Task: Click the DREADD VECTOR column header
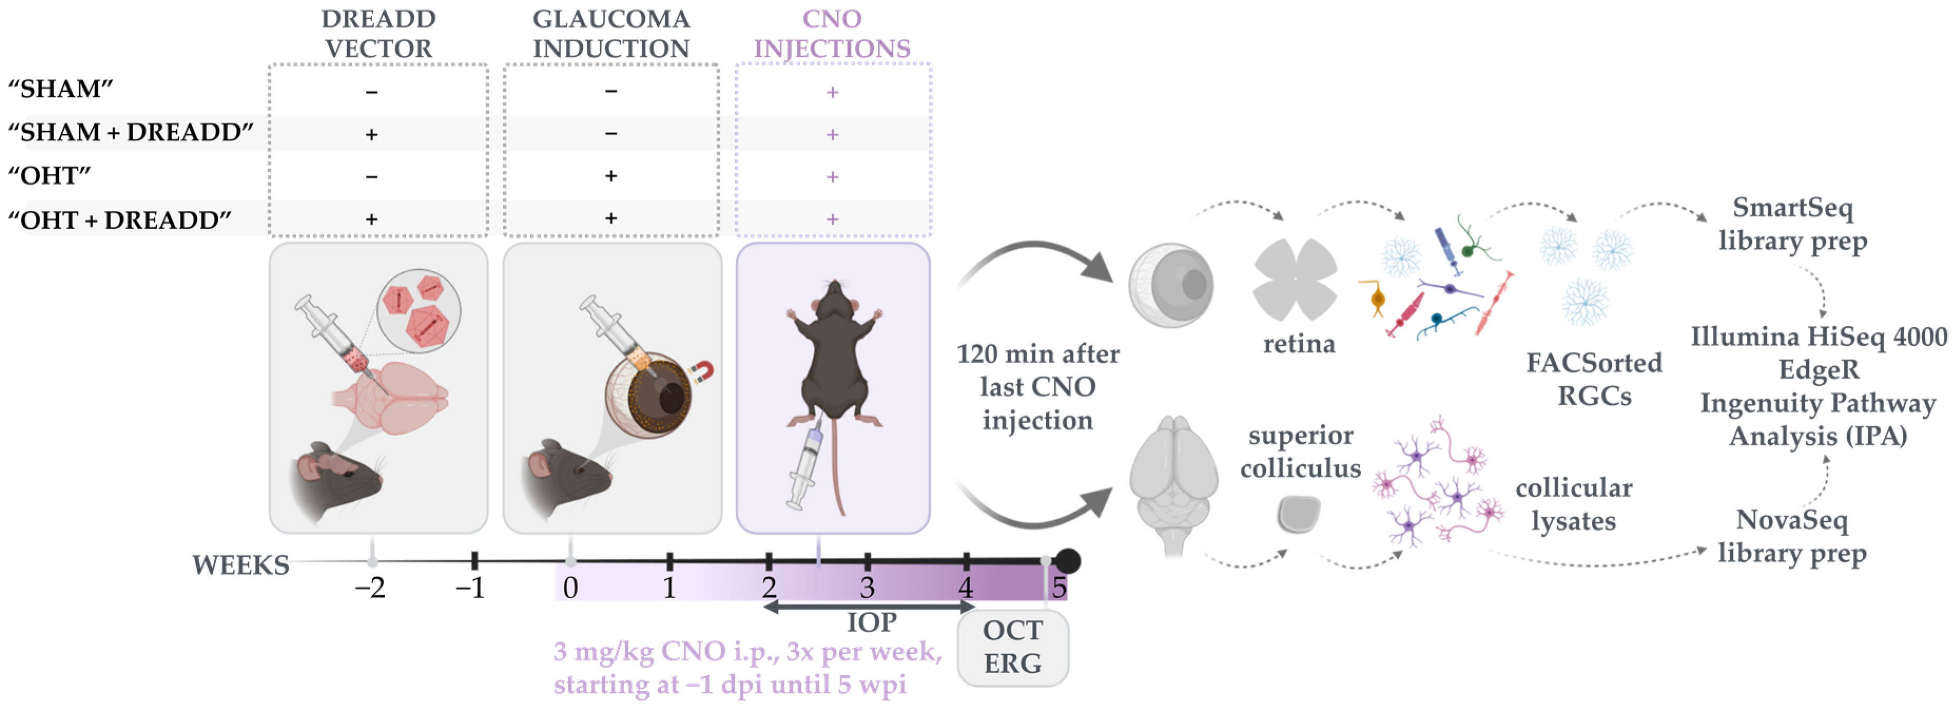378,33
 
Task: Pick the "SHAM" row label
60,89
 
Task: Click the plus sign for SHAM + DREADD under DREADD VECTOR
371,134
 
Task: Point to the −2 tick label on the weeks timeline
371,588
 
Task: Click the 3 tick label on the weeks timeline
867,588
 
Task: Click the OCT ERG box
1013,647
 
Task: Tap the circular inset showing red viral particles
419,310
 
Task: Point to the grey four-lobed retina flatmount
1295,279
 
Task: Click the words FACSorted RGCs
1594,379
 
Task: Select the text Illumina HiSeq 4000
1818,336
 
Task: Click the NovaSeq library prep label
1792,537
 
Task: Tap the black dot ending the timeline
1067,561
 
